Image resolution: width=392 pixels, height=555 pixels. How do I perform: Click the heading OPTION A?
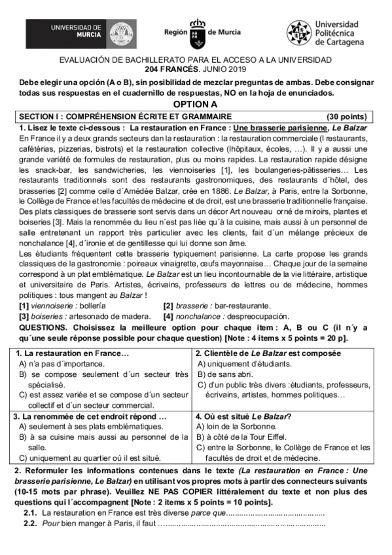[195, 104]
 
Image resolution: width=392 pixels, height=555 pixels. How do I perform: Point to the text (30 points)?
[347, 116]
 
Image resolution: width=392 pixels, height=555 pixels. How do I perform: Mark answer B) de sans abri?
[224, 374]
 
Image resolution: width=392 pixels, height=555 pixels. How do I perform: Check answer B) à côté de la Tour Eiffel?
[246, 437]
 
